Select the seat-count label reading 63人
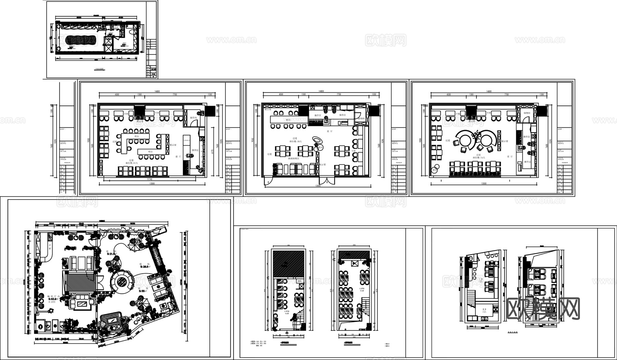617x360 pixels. (132, 163)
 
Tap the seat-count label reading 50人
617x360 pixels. (295, 141)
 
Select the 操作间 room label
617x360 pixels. (193, 117)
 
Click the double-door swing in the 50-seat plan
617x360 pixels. (326, 181)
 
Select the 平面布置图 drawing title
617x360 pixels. (99, 69)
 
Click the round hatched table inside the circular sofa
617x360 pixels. (122, 283)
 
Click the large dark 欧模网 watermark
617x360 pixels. (543, 309)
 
